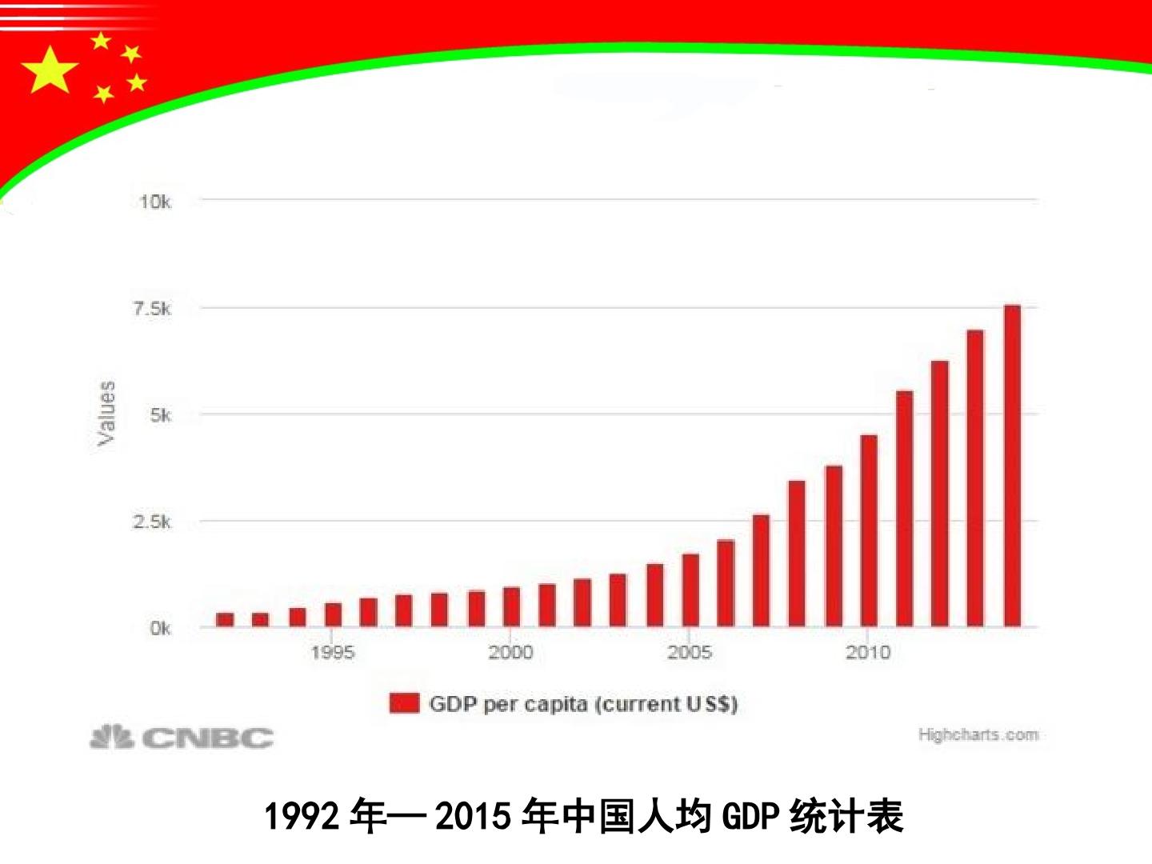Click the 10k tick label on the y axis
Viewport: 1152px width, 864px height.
point(155,202)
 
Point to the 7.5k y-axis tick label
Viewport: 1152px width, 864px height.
point(152,309)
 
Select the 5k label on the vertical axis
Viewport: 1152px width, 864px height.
point(160,415)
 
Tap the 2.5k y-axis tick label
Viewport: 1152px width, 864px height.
point(152,522)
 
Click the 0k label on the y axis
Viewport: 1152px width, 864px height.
point(160,628)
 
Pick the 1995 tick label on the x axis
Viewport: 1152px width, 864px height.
point(333,653)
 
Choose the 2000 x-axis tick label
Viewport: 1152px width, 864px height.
point(510,653)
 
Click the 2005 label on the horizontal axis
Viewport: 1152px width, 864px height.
point(690,653)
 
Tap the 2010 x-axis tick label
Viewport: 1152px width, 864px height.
point(868,653)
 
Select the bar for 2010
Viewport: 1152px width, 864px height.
point(869,531)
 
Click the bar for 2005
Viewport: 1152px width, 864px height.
point(690,590)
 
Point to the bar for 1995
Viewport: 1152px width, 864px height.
point(333,615)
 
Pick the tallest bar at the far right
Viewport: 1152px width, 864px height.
point(1012,466)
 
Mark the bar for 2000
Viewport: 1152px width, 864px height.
point(511,607)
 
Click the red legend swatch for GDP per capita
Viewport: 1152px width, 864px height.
point(404,703)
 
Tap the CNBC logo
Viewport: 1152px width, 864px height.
point(182,737)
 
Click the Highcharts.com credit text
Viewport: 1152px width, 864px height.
point(978,734)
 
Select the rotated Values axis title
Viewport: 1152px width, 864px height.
point(106,414)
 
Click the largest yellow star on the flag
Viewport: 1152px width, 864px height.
point(50,70)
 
